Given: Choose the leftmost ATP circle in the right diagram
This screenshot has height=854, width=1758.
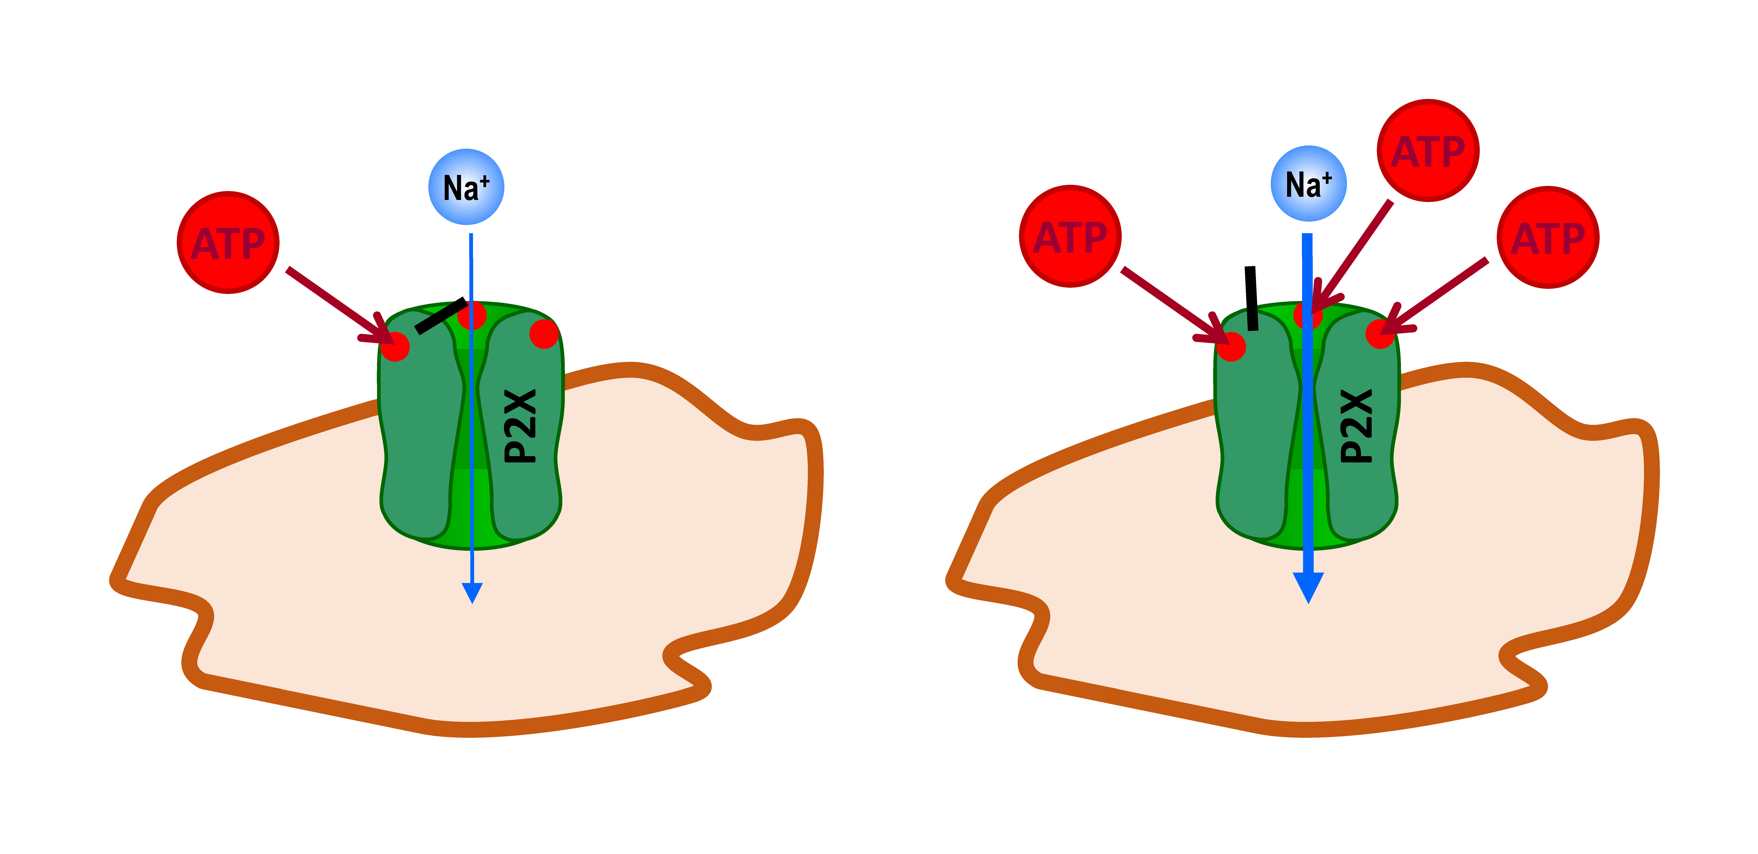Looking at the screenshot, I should (x=1070, y=236).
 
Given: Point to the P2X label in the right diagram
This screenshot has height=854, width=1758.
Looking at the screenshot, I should (x=1357, y=426).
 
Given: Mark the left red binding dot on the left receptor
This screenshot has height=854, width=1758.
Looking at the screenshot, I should (x=395, y=347).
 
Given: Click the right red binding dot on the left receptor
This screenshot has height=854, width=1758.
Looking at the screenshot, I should (x=544, y=333).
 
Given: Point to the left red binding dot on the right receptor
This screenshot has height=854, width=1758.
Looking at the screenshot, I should (x=1231, y=347).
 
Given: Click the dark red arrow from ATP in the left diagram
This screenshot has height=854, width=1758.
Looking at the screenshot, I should (x=334, y=302).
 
